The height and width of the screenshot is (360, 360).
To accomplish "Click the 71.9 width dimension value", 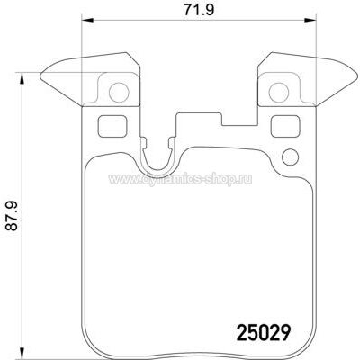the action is [x=199, y=11].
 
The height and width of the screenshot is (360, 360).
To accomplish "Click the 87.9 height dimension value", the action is [x=12, y=216].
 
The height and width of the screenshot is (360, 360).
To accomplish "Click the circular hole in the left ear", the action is [x=119, y=93].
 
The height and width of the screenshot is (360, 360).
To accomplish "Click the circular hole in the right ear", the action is [x=279, y=93].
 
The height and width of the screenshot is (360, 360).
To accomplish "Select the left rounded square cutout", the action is [x=112, y=126].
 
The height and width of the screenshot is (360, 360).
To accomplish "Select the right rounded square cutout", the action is [x=285, y=126].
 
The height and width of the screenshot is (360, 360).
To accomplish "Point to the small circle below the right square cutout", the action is [x=291, y=157].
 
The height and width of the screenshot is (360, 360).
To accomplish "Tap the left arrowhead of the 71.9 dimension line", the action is [x=88, y=21].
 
